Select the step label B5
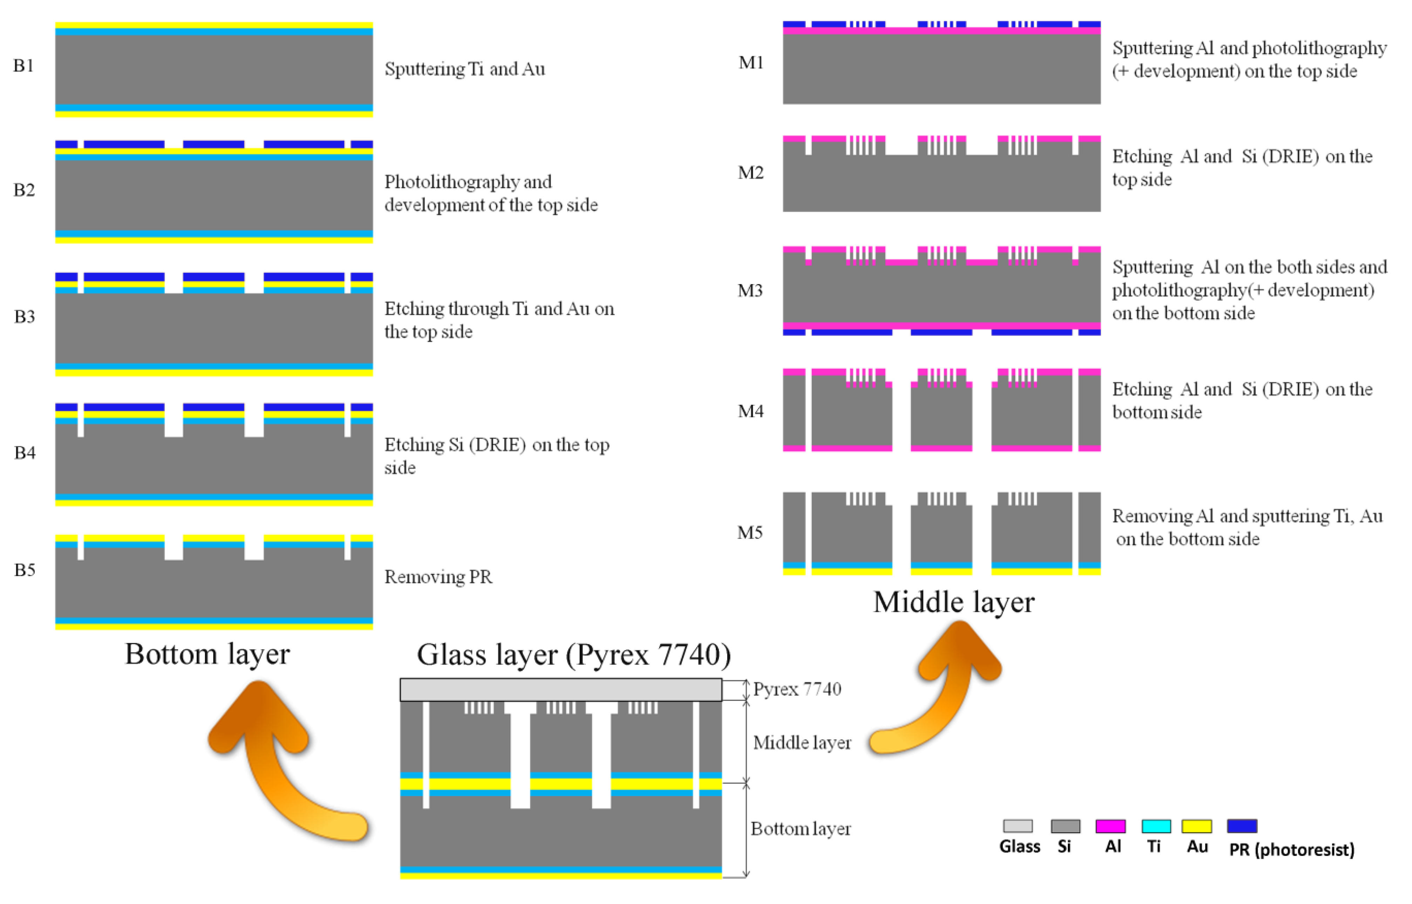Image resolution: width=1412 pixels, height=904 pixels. click(x=24, y=570)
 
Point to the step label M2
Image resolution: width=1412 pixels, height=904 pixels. click(x=750, y=173)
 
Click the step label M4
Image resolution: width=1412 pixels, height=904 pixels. click(x=750, y=411)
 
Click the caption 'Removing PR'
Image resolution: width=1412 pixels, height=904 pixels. click(x=438, y=577)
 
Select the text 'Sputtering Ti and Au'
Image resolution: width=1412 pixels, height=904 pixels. click(x=464, y=69)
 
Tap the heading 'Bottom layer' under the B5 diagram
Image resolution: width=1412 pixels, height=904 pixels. click(x=207, y=654)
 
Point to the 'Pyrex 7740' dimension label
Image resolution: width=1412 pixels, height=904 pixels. click(x=797, y=689)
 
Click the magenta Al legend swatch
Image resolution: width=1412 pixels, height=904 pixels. click(x=1110, y=826)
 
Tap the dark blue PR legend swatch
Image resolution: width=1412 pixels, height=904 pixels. click(x=1242, y=826)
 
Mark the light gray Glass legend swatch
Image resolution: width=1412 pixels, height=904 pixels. click(x=1018, y=826)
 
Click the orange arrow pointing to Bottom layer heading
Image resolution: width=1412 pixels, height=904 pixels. click(x=276, y=763)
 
